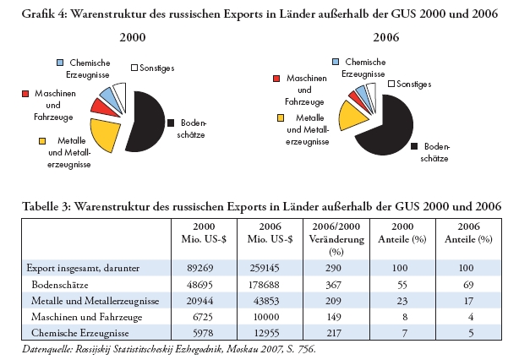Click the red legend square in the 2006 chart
(x=276, y=78)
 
